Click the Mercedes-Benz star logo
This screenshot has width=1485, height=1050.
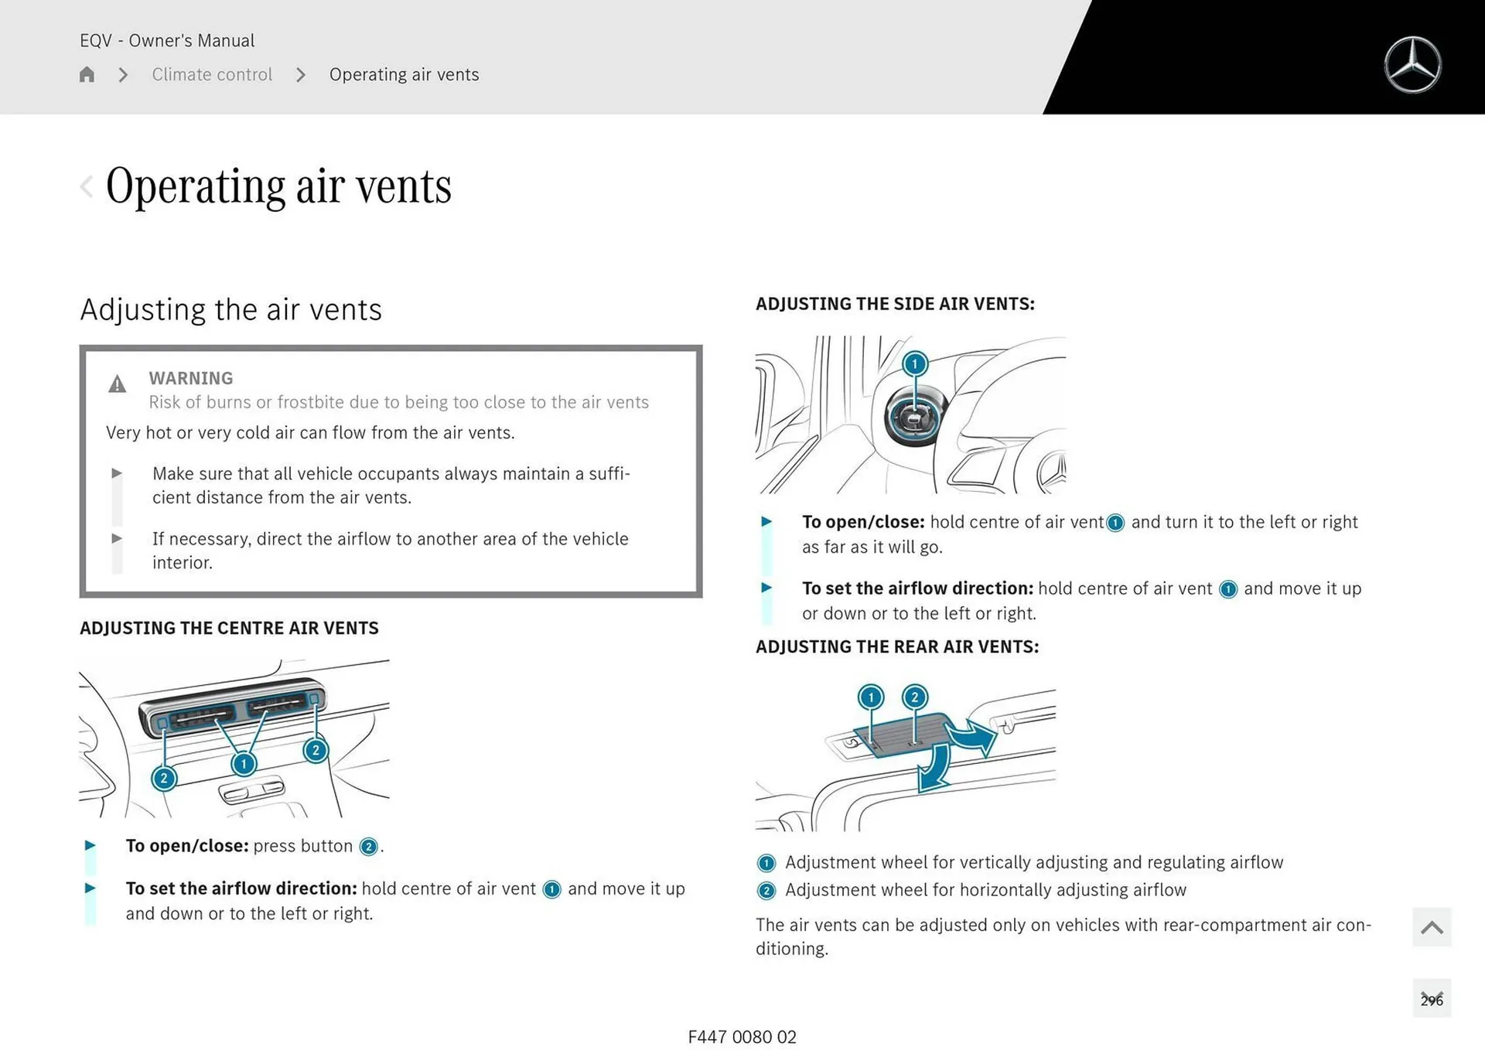coord(1412,65)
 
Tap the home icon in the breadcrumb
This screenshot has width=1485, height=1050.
coord(87,74)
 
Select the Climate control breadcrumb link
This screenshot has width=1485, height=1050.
coord(212,74)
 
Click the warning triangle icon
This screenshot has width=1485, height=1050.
coord(117,384)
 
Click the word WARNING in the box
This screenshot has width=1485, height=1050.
coord(190,378)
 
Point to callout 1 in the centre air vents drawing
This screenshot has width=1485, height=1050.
coord(244,764)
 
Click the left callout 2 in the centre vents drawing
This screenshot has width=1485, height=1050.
coord(164,778)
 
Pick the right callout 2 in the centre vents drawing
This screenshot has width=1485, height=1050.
coord(316,750)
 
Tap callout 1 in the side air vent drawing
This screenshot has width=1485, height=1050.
coord(915,363)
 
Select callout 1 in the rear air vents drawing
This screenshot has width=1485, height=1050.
coord(871,697)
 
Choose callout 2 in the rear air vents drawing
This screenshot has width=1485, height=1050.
coord(915,697)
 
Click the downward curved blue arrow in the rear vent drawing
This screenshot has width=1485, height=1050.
coord(934,769)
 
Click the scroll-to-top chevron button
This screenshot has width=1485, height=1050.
coord(1432,927)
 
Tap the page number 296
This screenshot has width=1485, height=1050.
coord(1432,1000)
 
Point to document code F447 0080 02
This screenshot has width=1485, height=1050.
coord(742,1037)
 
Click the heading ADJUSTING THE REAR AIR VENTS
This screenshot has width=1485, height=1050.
coord(897,646)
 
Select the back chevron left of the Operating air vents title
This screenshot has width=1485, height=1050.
coord(87,186)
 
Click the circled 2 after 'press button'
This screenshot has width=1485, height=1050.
coord(369,847)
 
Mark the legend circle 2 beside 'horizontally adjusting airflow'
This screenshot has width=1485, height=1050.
coord(766,891)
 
